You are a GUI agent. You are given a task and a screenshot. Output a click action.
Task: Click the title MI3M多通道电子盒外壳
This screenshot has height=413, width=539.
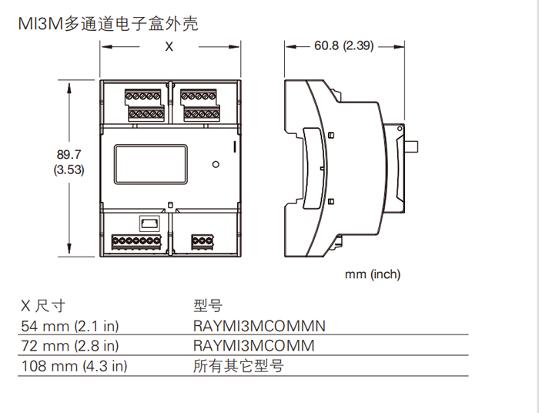coord(108,24)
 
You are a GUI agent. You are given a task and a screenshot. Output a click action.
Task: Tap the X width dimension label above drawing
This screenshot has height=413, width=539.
coord(169,46)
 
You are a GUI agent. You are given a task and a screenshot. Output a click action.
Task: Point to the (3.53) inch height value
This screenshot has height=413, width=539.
coord(69,170)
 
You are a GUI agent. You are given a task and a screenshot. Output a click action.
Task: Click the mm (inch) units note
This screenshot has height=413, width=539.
coord(372,274)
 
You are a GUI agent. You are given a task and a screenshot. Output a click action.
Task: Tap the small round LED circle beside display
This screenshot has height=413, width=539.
coord(216,164)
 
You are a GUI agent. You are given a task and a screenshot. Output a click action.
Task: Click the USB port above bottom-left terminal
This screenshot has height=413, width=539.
coord(148,223)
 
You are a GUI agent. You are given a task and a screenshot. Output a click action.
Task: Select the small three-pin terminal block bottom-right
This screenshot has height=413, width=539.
coord(203,240)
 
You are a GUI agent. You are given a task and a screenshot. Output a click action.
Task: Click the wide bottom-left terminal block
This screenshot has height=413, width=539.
coord(137,241)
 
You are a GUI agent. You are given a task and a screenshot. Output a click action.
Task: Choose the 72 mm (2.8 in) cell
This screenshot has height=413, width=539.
coord(69,345)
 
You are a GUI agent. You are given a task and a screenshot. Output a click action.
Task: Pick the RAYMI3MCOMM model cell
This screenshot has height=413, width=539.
coord(253,345)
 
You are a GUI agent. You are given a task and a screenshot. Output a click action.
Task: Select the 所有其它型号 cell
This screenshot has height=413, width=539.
coord(238,365)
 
